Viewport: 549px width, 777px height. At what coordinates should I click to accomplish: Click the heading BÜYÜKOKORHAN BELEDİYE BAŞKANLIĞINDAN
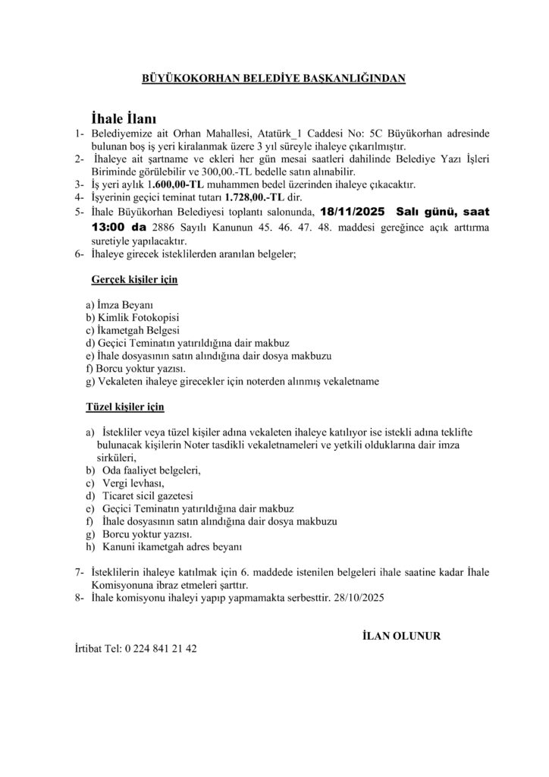(274, 78)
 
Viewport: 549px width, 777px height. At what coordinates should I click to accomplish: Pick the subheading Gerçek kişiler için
(134, 280)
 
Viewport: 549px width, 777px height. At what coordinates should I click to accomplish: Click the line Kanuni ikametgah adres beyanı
(171, 546)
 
